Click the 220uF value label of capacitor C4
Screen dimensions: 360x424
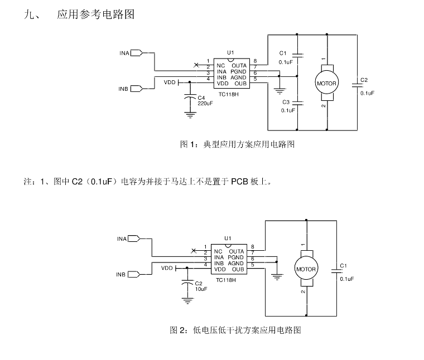coord(205,103)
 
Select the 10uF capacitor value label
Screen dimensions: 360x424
coord(201,289)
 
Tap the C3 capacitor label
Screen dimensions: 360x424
coord(286,102)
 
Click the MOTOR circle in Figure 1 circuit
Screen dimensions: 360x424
coord(326,84)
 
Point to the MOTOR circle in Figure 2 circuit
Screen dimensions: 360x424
coord(306,269)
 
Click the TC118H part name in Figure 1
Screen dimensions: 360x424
coord(229,94)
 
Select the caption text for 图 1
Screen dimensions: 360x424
coord(238,144)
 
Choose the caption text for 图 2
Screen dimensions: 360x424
coord(235,330)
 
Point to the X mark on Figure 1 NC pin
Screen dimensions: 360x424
coord(195,65)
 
